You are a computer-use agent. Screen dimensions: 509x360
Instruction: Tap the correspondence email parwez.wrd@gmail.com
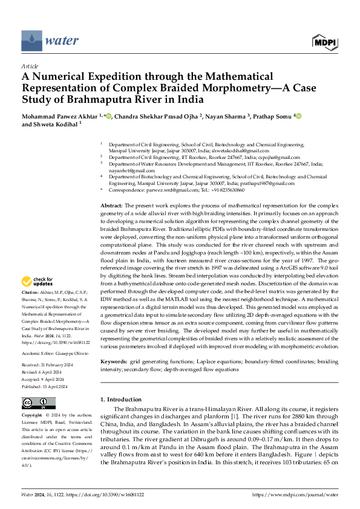click(x=180, y=190)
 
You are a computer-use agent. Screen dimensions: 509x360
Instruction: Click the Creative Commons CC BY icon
click(x=39, y=403)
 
